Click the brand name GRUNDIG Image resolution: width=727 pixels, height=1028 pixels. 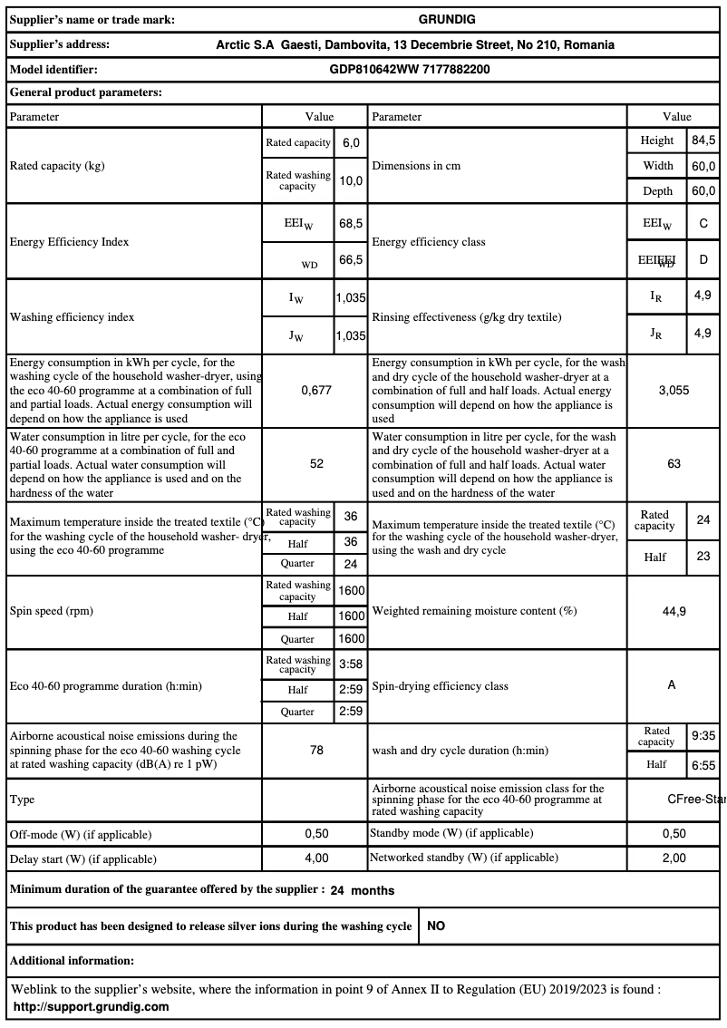(x=447, y=19)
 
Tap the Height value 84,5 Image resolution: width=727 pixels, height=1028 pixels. (x=703, y=141)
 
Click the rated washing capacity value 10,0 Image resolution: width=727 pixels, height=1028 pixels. (x=351, y=180)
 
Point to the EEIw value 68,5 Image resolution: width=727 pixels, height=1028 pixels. (x=351, y=223)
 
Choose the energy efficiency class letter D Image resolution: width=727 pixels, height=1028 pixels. (x=703, y=260)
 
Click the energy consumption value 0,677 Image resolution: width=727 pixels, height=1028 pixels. (x=316, y=390)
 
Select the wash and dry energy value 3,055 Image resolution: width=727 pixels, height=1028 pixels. (x=674, y=390)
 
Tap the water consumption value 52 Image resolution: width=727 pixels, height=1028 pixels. (x=316, y=463)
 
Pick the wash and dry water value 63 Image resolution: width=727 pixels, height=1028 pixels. (x=674, y=463)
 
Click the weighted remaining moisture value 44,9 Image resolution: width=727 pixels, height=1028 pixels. (x=674, y=611)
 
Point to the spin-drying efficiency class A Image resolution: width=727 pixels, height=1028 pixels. (x=672, y=685)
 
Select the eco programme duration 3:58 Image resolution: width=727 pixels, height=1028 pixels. (x=351, y=664)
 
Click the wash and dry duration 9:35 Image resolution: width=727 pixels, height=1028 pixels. (x=703, y=737)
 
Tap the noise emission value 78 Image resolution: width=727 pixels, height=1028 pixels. (x=316, y=751)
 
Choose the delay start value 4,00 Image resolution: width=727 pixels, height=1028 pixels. (x=316, y=858)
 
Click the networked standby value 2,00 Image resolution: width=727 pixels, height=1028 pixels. (x=674, y=858)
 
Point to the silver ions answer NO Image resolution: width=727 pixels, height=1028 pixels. (x=436, y=926)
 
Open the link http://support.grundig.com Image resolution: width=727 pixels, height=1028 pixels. (x=92, y=1006)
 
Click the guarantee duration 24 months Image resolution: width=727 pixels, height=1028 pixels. (x=363, y=890)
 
